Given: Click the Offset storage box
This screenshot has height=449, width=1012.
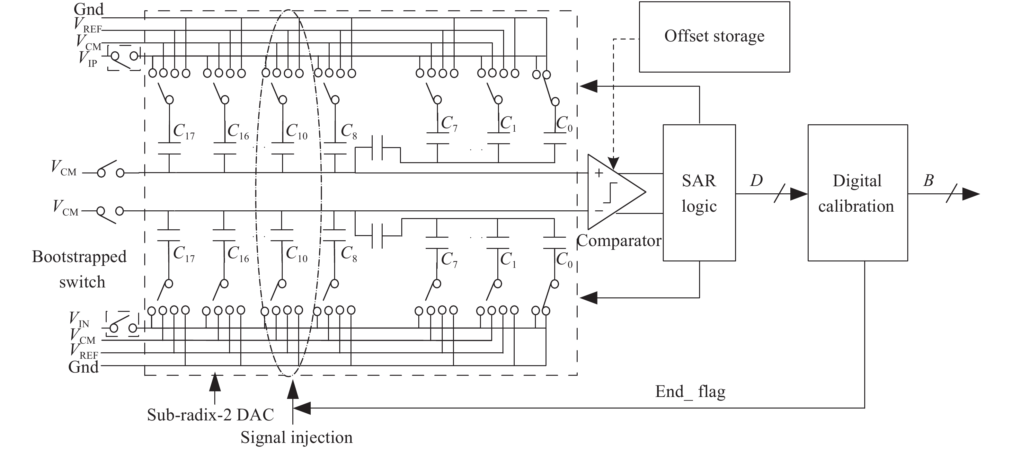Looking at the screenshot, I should click(714, 37).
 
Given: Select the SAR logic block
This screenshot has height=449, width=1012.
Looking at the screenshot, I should click(699, 193).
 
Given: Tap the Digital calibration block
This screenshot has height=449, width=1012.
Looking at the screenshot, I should click(857, 193).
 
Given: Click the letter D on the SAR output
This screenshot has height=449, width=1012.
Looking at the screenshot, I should click(756, 180).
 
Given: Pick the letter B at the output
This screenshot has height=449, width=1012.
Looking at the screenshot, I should click(928, 180).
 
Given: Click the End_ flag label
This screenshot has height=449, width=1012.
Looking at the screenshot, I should click(690, 392).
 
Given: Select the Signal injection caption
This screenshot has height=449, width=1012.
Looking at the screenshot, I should click(297, 437).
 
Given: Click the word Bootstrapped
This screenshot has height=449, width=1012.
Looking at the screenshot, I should click(79, 257).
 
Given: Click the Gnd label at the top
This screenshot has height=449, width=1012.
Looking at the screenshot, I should click(89, 9).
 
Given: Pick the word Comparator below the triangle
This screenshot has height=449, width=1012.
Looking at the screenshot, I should click(619, 241).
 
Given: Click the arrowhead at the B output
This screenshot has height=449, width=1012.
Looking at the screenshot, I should click(970, 194).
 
